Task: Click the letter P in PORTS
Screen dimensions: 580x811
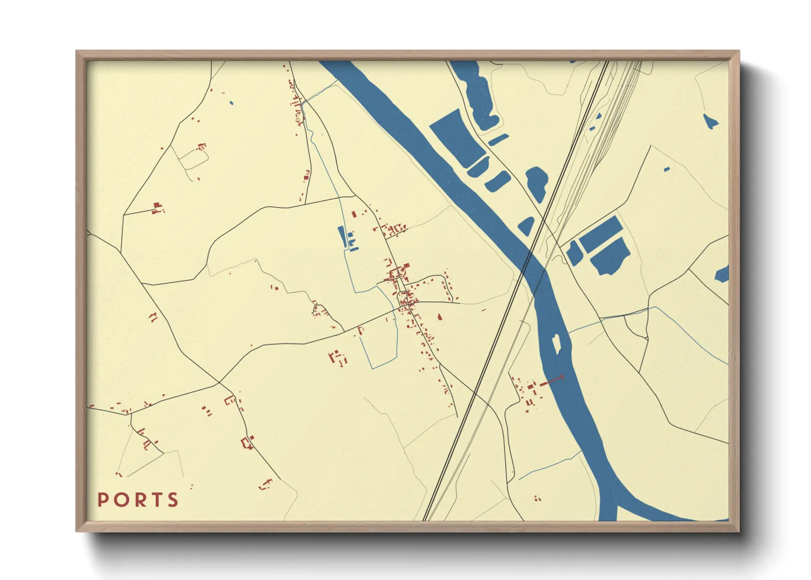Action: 102,500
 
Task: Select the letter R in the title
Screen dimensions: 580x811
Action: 139,500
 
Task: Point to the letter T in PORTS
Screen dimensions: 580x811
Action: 156,500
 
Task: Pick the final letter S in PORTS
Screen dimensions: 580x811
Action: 173,500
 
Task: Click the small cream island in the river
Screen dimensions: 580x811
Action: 557,344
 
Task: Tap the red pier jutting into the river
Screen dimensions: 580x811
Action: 552,380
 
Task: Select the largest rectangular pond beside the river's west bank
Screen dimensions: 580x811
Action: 456,137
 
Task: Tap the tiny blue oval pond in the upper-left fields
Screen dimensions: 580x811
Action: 231,103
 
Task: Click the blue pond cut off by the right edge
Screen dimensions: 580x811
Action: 722,274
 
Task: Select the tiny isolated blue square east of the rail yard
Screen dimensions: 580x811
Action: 666,169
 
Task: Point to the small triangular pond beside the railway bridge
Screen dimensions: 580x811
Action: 527,225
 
